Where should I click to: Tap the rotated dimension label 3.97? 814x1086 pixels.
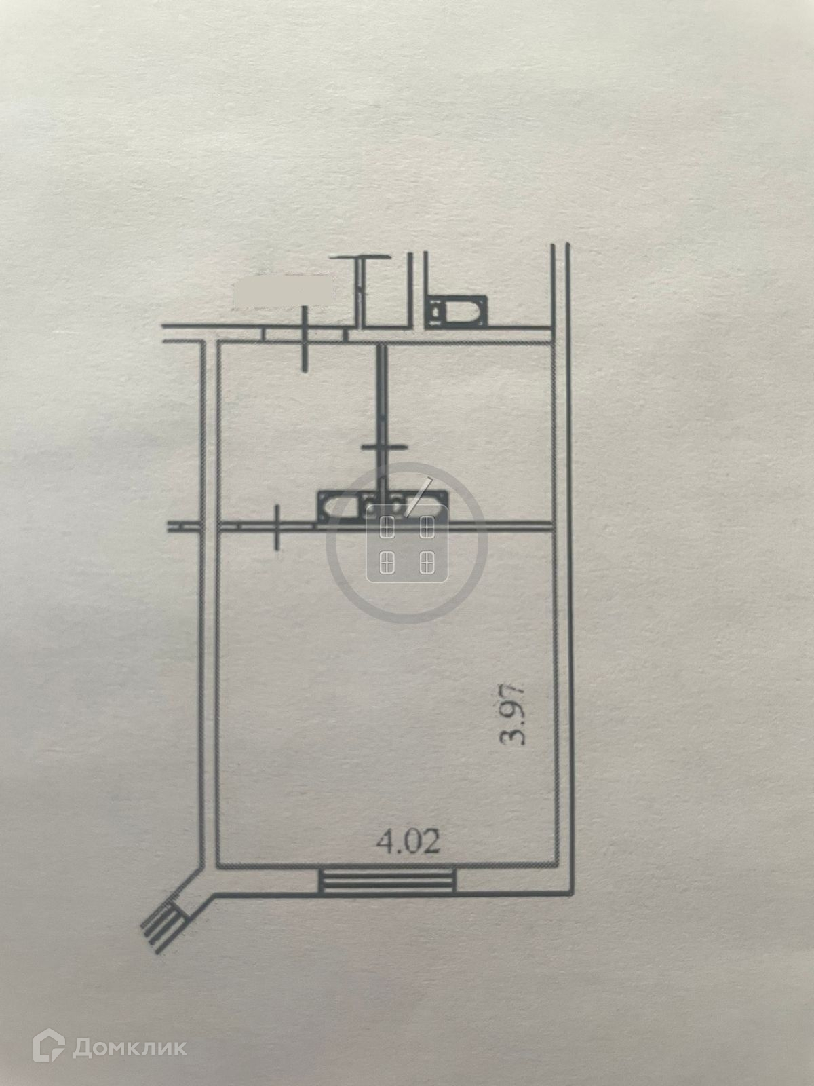click(x=513, y=720)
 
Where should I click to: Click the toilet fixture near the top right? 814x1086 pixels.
click(x=458, y=311)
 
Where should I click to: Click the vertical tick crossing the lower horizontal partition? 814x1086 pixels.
click(x=277, y=527)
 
